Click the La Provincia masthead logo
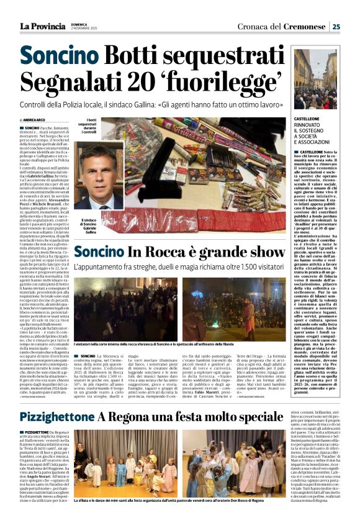point(42,26)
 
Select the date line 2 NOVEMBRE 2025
point(84,29)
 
